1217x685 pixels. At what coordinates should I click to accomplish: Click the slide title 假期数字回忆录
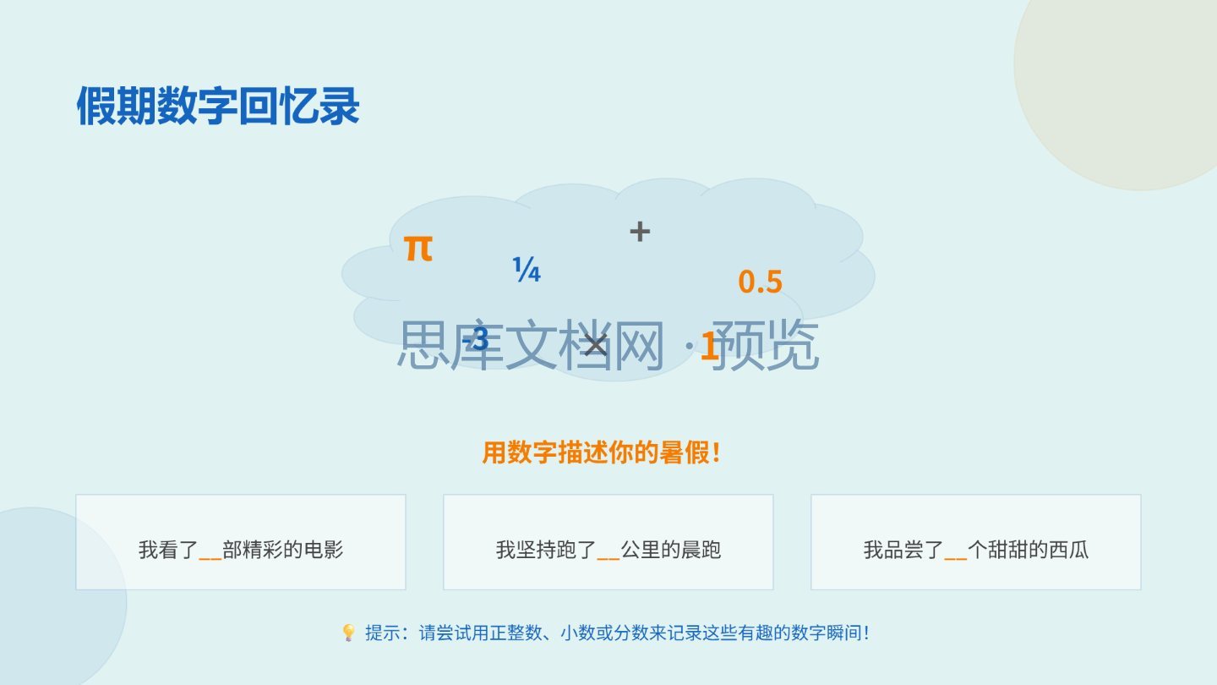[218, 106]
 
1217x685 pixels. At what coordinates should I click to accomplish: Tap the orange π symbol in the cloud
[418, 249]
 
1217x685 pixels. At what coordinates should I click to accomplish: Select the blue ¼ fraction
[527, 270]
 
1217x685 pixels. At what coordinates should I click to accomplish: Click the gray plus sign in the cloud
[640, 232]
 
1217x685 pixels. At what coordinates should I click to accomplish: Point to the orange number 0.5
[760, 282]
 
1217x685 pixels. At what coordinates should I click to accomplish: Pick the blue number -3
[475, 339]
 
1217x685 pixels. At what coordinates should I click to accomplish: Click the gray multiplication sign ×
[596, 345]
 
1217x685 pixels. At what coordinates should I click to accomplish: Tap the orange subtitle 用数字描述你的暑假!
[602, 452]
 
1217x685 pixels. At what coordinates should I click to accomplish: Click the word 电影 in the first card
[323, 550]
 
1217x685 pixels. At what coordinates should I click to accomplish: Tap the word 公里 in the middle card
[641, 550]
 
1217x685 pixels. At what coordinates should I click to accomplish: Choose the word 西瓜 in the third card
[1068, 550]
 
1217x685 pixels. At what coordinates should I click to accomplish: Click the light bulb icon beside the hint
[348, 633]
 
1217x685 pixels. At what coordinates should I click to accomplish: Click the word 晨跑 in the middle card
[701, 550]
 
